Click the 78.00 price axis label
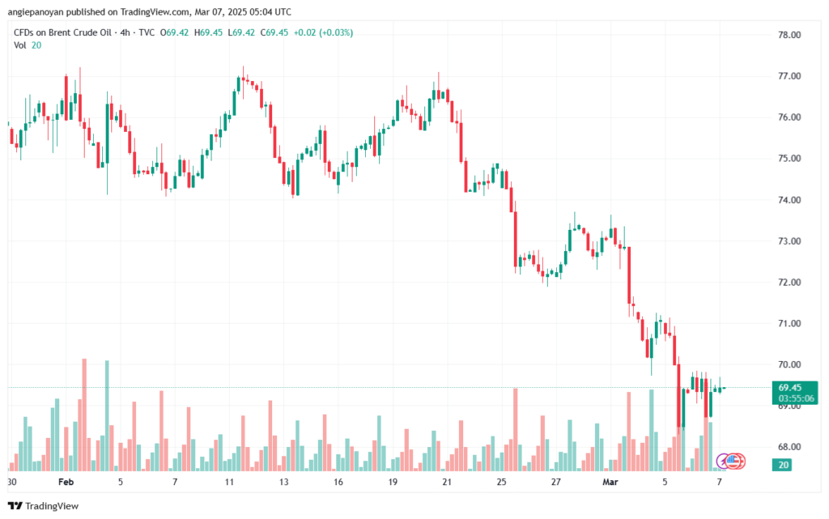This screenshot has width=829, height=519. click(789, 35)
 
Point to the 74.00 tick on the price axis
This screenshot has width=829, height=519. click(789, 200)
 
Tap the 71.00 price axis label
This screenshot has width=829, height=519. click(789, 323)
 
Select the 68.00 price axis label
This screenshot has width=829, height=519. click(789, 447)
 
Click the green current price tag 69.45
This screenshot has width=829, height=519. click(789, 388)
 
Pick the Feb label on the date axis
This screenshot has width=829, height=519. click(66, 481)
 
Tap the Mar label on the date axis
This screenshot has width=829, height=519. click(610, 481)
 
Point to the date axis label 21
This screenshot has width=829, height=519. click(446, 481)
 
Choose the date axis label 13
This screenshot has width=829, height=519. click(284, 481)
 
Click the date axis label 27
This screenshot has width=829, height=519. click(555, 481)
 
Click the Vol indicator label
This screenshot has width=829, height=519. click(20, 45)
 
